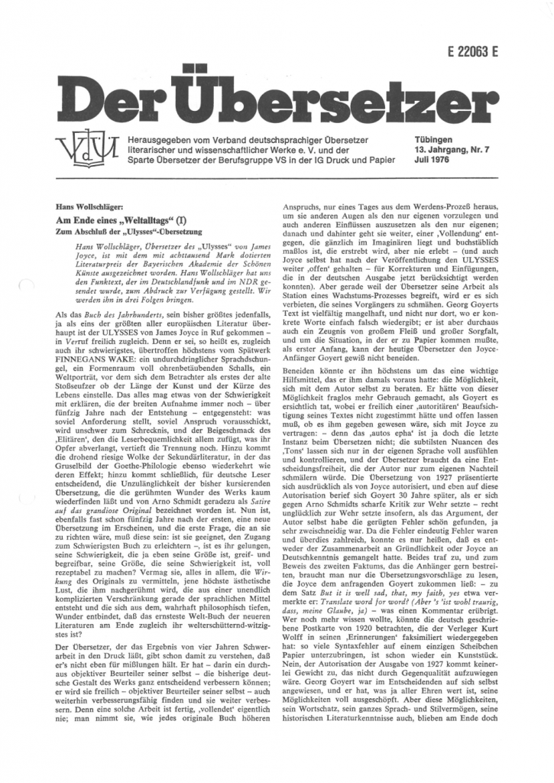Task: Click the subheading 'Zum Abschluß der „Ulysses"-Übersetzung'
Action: (127, 230)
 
